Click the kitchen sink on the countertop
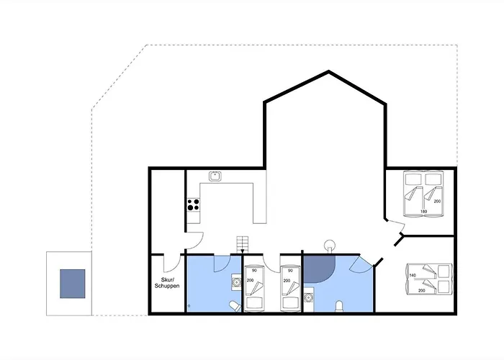[x=215, y=176]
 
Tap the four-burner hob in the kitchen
[x=193, y=204]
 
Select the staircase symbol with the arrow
[x=243, y=244]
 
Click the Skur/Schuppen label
[x=167, y=283]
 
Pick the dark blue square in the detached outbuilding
[x=72, y=284]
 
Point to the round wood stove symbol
[x=330, y=246]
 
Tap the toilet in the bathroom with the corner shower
[x=339, y=306]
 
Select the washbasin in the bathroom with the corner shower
[x=309, y=297]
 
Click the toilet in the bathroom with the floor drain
[x=235, y=306]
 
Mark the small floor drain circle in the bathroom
[x=189, y=306]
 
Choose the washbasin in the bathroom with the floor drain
[x=237, y=282]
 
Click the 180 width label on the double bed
[x=423, y=212]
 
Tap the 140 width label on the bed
[x=413, y=275]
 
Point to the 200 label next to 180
[x=437, y=201]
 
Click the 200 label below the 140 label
[x=422, y=290]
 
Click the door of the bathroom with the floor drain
[x=222, y=264]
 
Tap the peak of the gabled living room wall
[x=328, y=71]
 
